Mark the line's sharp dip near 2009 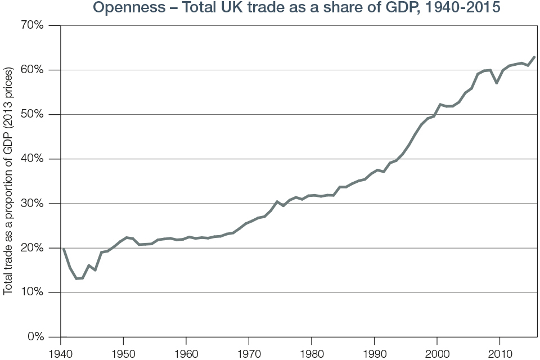[x=496, y=83]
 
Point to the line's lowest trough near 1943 [x=77, y=278]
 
